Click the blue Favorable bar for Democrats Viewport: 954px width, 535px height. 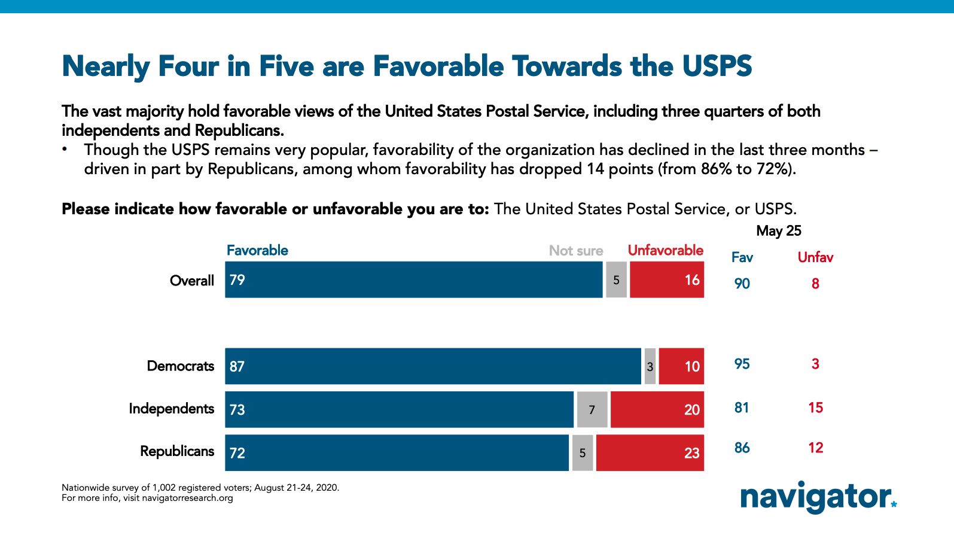click(433, 366)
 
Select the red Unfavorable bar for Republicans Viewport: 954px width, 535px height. click(650, 453)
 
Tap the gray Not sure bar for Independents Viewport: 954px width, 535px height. click(592, 410)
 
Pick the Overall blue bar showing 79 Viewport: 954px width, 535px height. click(414, 279)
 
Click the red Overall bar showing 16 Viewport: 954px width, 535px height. click(666, 279)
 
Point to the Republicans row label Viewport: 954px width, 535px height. click(177, 451)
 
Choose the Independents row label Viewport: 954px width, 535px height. click(172, 409)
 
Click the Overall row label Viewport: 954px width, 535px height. click(192, 281)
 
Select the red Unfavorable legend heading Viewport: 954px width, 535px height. click(665, 251)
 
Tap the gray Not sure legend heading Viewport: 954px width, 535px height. click(576, 251)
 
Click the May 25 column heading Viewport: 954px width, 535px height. click(778, 231)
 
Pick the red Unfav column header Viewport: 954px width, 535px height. click(815, 257)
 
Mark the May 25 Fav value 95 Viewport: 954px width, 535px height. click(742, 364)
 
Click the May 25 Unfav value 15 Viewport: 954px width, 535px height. click(815, 408)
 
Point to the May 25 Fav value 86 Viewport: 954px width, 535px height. click(742, 448)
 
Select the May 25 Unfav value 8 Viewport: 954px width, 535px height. click(815, 284)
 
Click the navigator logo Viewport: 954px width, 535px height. click(818, 497)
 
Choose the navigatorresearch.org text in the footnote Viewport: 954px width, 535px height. click(187, 498)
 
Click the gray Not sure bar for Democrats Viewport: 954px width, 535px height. click(650, 366)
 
